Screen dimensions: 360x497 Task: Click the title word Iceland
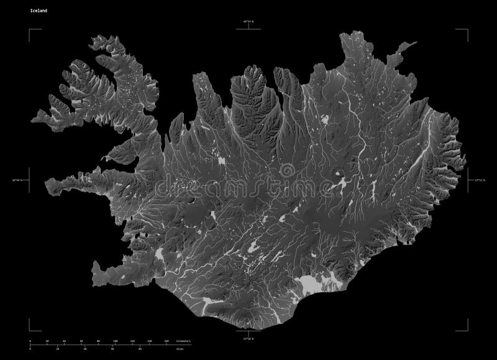pos(35,11)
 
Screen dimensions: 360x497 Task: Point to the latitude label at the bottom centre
pos(248,338)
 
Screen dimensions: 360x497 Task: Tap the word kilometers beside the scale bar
pos(184,341)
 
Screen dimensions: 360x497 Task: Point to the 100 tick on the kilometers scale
pos(116,341)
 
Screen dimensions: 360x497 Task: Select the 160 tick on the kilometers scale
pos(166,341)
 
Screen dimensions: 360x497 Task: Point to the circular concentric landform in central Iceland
pos(287,170)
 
